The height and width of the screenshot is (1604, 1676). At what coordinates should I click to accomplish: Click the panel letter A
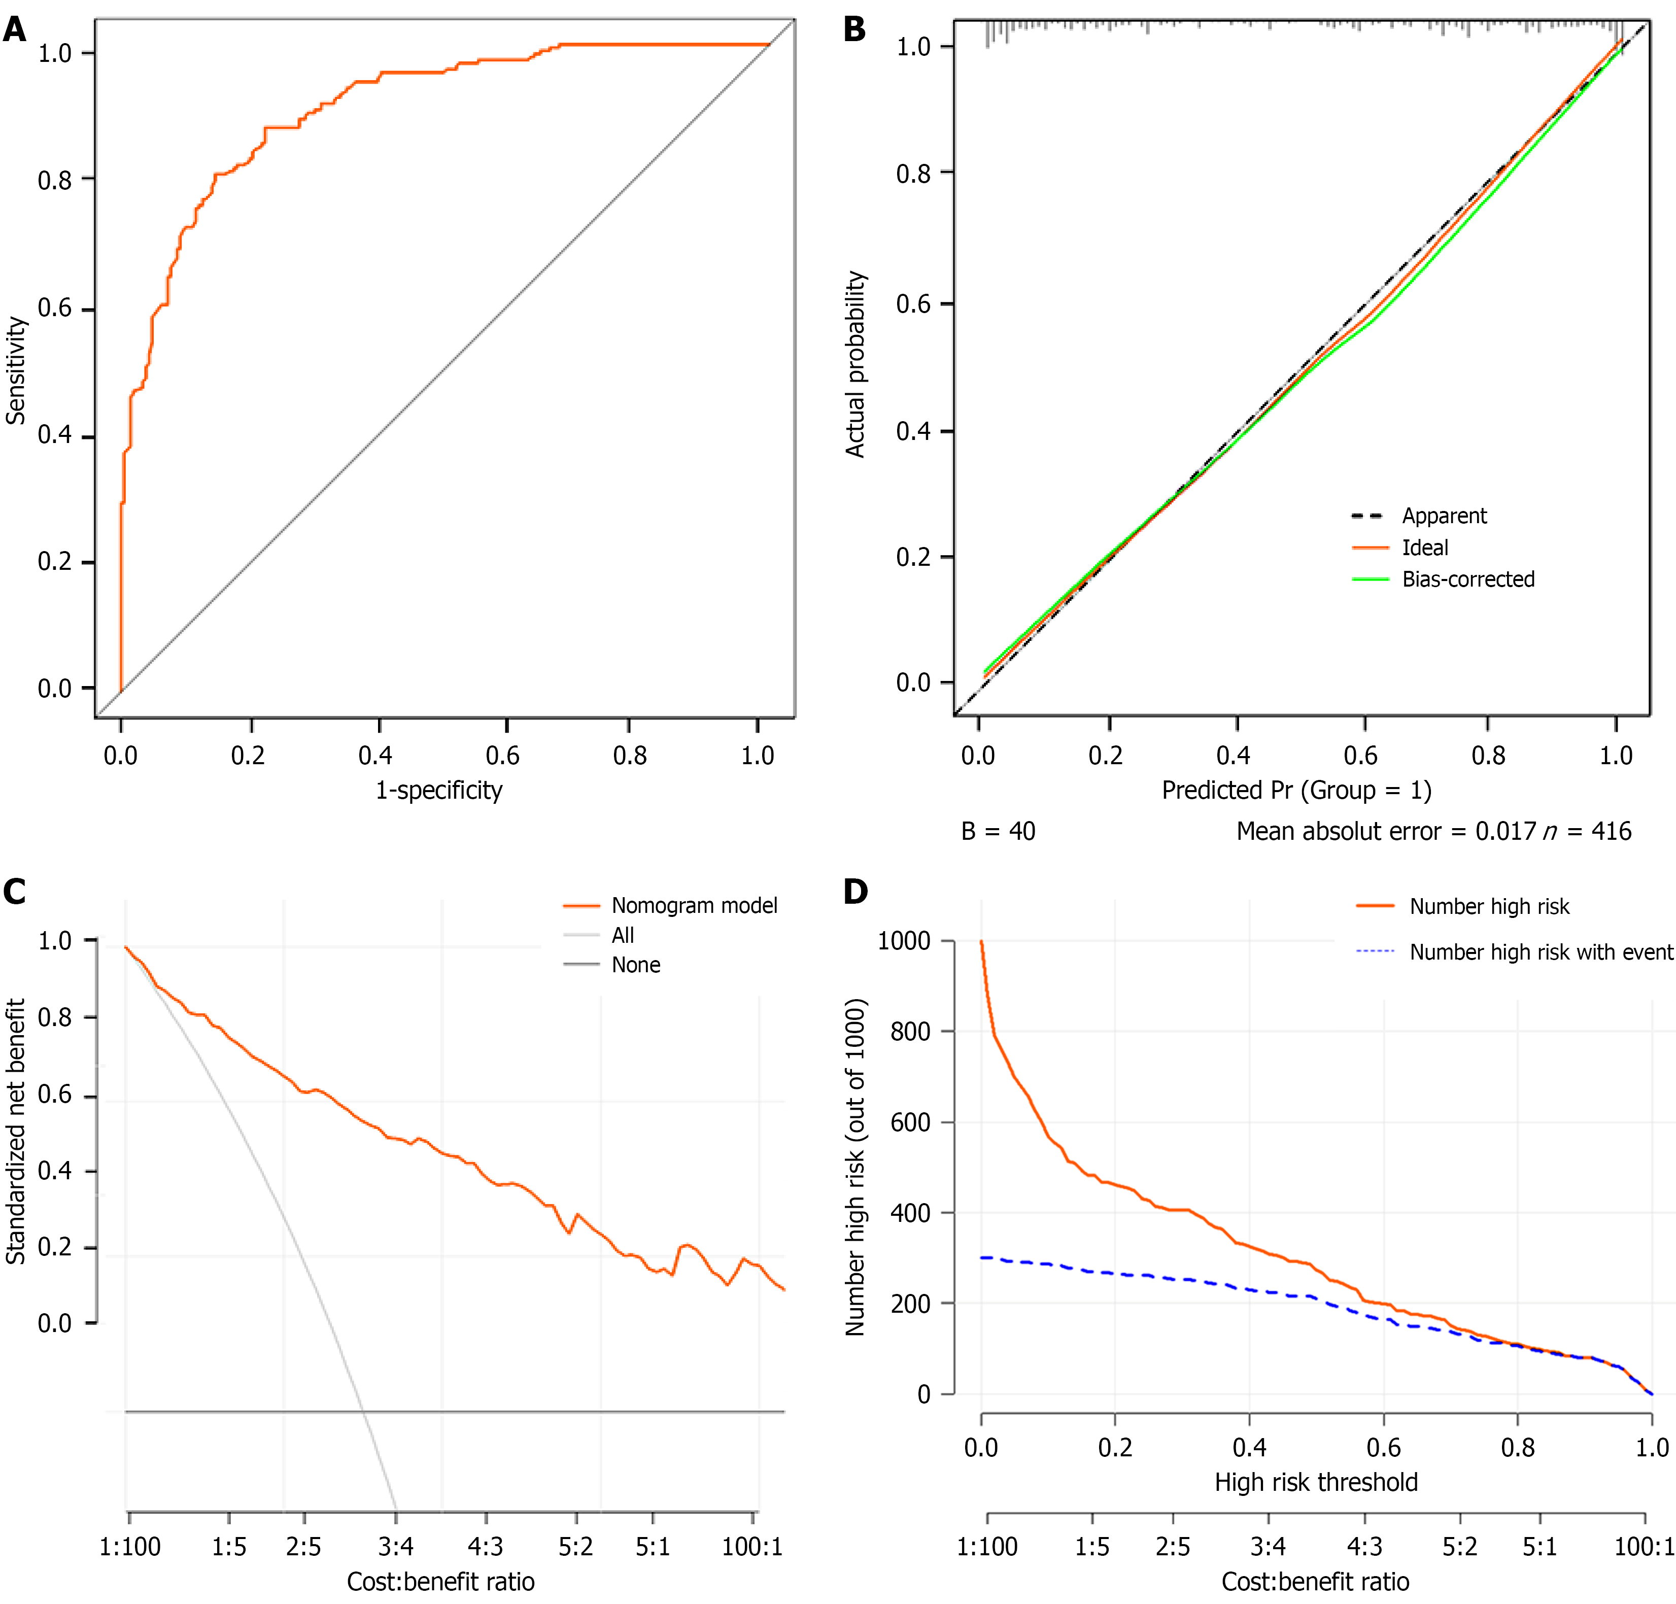[x=15, y=31]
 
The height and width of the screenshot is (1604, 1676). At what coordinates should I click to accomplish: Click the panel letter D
[x=855, y=892]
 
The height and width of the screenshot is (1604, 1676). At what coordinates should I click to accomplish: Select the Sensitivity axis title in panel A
[x=15, y=370]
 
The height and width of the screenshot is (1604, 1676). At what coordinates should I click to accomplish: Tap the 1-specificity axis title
[x=439, y=790]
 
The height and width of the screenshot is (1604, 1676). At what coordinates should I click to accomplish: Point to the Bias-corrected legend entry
[x=1467, y=579]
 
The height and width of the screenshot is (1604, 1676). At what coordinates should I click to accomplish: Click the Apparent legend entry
[x=1444, y=517]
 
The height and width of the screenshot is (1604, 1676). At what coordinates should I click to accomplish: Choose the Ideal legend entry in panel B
[x=1425, y=548]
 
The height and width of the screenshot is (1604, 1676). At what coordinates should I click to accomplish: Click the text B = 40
[x=998, y=831]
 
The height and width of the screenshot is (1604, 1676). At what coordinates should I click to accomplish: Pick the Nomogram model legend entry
[x=694, y=905]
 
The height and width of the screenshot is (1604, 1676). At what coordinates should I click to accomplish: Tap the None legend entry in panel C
[x=635, y=965]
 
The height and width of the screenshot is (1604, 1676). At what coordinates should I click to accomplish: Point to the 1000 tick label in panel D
[x=904, y=941]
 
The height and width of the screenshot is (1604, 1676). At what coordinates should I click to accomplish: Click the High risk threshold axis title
[x=1316, y=1482]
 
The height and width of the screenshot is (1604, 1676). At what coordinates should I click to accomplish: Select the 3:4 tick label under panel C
[x=396, y=1547]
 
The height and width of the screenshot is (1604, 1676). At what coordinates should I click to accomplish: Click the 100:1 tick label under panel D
[x=1644, y=1547]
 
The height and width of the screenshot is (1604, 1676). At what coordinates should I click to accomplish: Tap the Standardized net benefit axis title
[x=15, y=1131]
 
